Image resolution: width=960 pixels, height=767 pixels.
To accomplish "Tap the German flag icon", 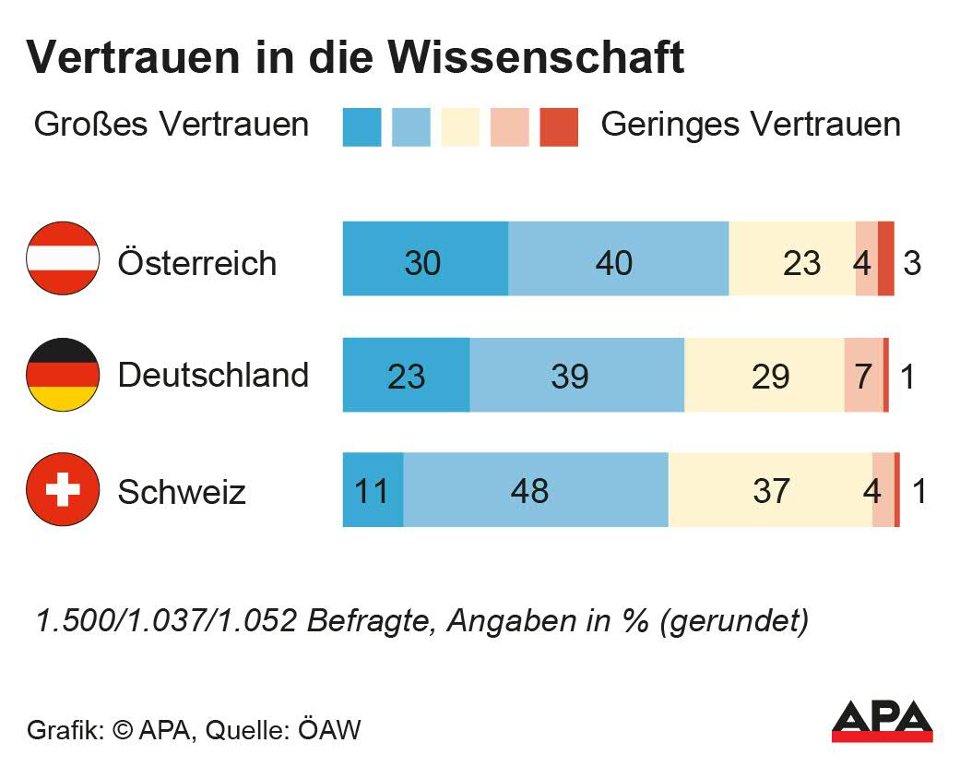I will tap(63, 374).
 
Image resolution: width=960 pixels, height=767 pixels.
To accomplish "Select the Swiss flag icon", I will tap(63, 489).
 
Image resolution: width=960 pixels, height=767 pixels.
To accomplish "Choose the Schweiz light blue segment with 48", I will tap(535, 490).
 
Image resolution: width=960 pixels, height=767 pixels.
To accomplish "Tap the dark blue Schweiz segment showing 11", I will tap(373, 490).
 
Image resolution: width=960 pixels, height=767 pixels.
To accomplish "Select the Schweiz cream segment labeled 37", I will tap(770, 490).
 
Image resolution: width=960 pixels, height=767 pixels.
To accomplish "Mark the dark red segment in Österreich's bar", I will tap(885, 259).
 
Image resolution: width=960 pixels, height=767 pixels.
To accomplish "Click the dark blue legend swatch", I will tap(361, 127).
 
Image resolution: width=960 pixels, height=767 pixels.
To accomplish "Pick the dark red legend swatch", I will tap(559, 127).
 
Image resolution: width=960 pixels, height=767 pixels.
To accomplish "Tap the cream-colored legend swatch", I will tap(460, 127).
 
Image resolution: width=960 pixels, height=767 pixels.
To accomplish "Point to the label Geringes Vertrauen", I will tap(750, 125).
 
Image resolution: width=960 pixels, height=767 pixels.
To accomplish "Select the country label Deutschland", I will tap(213, 375).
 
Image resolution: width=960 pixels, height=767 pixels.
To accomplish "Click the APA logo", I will tap(882, 721).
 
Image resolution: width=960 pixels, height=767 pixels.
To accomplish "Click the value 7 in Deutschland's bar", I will tap(863, 376).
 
